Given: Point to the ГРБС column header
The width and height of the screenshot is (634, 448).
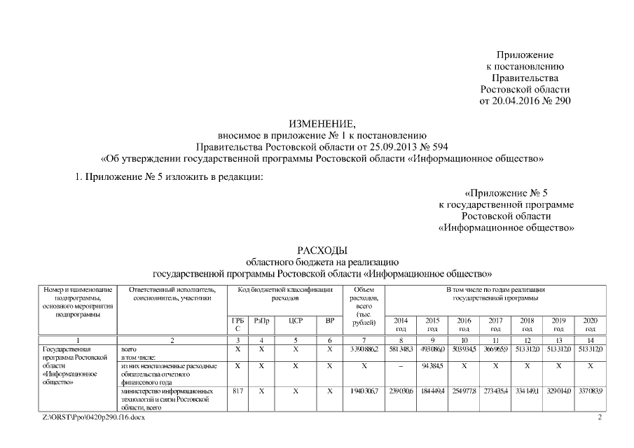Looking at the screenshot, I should (x=237, y=324).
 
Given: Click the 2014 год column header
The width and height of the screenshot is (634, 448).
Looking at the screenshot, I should (x=401, y=324).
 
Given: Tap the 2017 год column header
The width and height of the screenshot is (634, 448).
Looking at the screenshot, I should (x=495, y=324).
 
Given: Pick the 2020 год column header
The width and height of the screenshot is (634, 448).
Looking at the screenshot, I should (x=590, y=324).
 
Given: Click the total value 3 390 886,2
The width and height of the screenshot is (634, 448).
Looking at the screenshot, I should (x=364, y=349).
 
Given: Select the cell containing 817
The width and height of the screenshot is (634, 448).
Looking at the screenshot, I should (x=237, y=391).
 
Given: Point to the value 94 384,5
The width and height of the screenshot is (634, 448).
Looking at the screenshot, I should (x=432, y=365).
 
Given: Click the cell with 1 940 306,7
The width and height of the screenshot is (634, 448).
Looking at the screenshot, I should (x=364, y=391).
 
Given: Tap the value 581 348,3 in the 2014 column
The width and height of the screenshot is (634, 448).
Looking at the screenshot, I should (x=401, y=349).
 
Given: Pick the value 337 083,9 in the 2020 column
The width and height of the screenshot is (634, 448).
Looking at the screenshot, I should (x=590, y=391).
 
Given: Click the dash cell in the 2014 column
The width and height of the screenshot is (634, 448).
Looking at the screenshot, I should (x=401, y=365).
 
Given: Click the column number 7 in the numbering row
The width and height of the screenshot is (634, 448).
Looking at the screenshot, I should (x=364, y=339).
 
